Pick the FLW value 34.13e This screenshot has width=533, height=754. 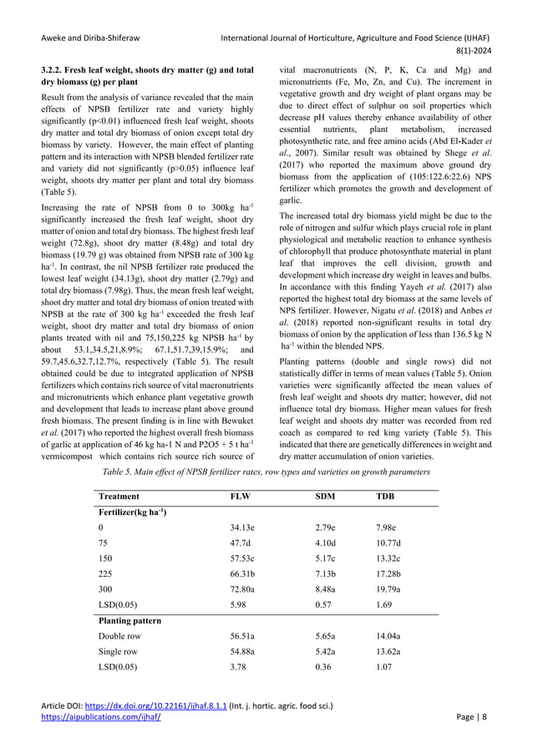244,527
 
